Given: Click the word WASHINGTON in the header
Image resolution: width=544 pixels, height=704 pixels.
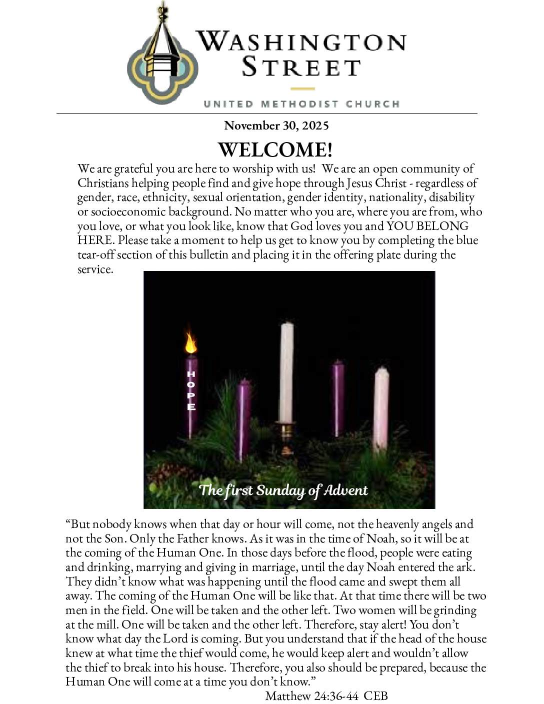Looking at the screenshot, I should [301, 41].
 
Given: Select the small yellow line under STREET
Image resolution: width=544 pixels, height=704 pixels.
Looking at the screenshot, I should [302, 89].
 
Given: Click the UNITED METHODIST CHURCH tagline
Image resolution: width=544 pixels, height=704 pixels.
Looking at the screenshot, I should [301, 104].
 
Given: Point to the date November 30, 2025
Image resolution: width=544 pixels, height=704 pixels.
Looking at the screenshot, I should [276, 125].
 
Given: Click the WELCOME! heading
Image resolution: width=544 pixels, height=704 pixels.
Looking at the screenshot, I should [275, 149].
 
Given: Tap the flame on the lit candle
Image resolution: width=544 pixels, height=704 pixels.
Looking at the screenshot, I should [190, 342].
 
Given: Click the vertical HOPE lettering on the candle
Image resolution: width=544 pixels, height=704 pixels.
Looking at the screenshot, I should [191, 390].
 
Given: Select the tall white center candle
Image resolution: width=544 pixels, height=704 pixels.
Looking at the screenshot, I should [286, 372].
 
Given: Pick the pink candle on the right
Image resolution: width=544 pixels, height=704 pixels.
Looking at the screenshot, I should [381, 407].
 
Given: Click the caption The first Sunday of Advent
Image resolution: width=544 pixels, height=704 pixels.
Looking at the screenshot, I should [283, 490].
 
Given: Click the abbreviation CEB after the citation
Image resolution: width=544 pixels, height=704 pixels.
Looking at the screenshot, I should [375, 696].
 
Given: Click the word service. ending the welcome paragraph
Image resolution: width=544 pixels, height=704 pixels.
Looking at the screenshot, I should [95, 269].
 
